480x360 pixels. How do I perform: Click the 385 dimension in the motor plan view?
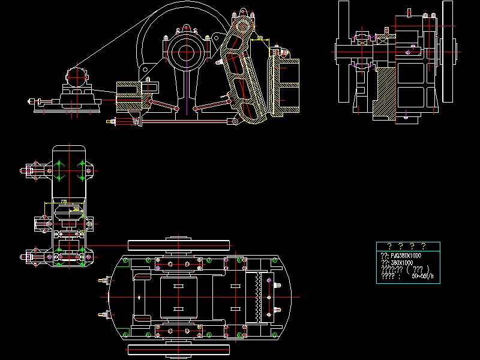pyautogui.click(x=76, y=208)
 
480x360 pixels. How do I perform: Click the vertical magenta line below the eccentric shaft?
pyautogui.click(x=187, y=90)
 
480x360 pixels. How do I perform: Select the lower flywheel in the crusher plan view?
pyautogui.click(x=180, y=349)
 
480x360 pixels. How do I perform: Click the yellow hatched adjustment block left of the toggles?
pyautogui.click(x=128, y=96)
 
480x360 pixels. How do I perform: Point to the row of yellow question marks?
pyautogui.click(x=407, y=246)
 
